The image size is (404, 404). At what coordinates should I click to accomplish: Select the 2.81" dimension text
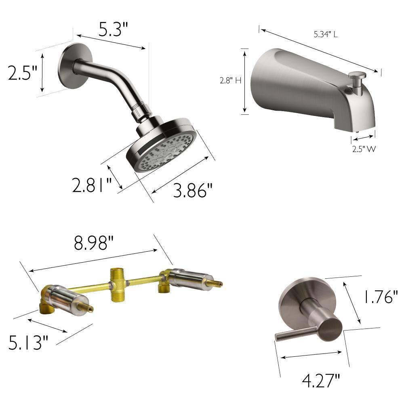[91, 185]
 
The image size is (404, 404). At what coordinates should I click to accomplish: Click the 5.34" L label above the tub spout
[326, 35]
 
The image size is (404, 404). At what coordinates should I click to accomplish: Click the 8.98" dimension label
[94, 243]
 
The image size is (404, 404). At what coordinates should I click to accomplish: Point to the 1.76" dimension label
[379, 297]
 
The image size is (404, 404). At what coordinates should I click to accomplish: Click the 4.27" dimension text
[321, 380]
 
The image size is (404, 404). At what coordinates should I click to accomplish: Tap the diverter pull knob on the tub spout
[357, 76]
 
